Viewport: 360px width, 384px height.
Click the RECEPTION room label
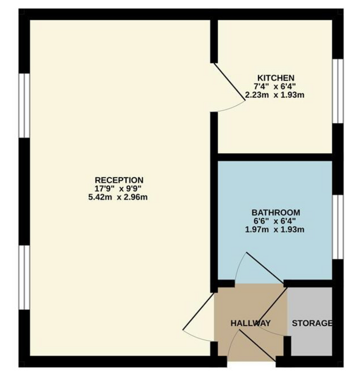119,180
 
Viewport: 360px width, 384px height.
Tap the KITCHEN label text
276,78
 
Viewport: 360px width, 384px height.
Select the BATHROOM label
276,213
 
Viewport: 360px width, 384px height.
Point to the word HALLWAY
251,323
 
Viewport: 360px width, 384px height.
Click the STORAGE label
312,323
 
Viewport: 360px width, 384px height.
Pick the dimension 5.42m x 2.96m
118,197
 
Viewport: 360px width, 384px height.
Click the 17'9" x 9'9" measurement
118,189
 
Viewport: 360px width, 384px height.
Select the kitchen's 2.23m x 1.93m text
275,94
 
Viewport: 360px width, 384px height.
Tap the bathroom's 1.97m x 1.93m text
275,229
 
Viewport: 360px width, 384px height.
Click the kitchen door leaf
230,82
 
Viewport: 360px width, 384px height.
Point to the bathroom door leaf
265,268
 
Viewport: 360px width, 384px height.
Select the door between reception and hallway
198,311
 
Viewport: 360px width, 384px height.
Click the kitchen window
338,91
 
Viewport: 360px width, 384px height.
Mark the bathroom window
338,227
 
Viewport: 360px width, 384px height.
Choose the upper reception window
24,106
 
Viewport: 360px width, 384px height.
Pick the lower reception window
24,277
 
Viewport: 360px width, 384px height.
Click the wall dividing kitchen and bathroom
275,157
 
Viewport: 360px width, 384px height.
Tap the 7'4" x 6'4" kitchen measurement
275,86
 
